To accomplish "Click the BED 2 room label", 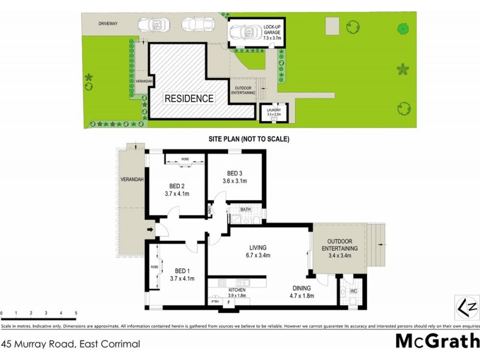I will coord(176,186).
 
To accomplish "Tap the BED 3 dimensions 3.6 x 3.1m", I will coord(235,181).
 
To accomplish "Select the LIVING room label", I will coord(258,247).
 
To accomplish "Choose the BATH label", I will coord(245,209).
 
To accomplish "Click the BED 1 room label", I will coord(182,271).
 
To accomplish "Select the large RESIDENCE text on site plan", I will coord(189,98).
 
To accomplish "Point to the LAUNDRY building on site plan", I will coord(273,112).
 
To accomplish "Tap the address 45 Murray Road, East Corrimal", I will coord(71,344).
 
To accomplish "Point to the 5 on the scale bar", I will coord(76,313).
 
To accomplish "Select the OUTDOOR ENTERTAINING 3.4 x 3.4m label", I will coord(340,248).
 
